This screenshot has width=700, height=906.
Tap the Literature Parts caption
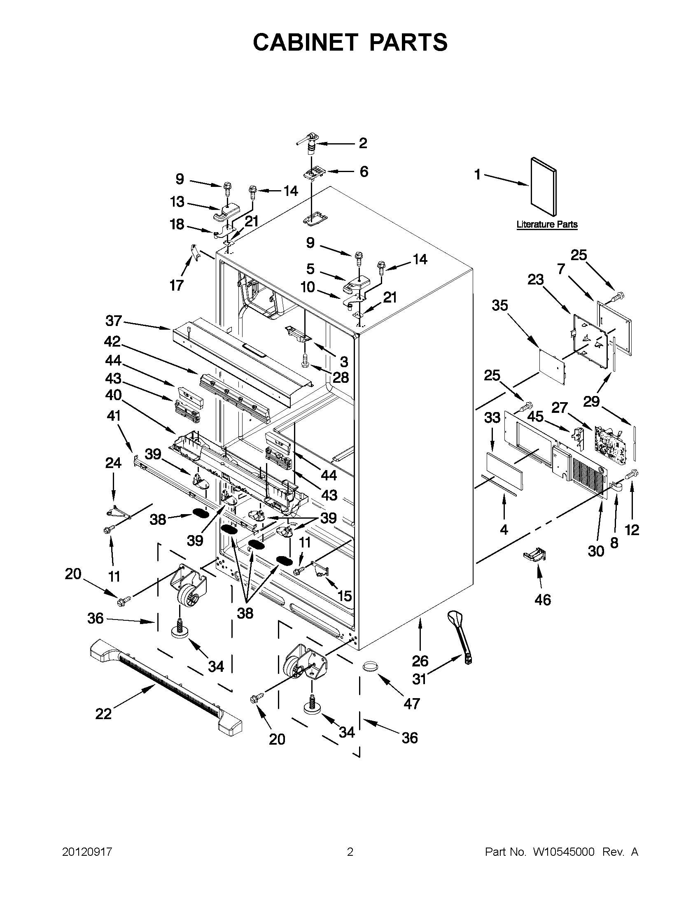click(546, 224)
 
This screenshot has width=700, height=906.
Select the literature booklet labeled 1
click(544, 187)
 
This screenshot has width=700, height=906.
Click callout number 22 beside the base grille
click(103, 713)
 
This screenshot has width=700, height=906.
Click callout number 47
click(411, 703)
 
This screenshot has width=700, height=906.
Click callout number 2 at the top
click(363, 143)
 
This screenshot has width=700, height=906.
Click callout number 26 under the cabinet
click(420, 660)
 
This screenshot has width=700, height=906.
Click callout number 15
click(344, 596)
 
